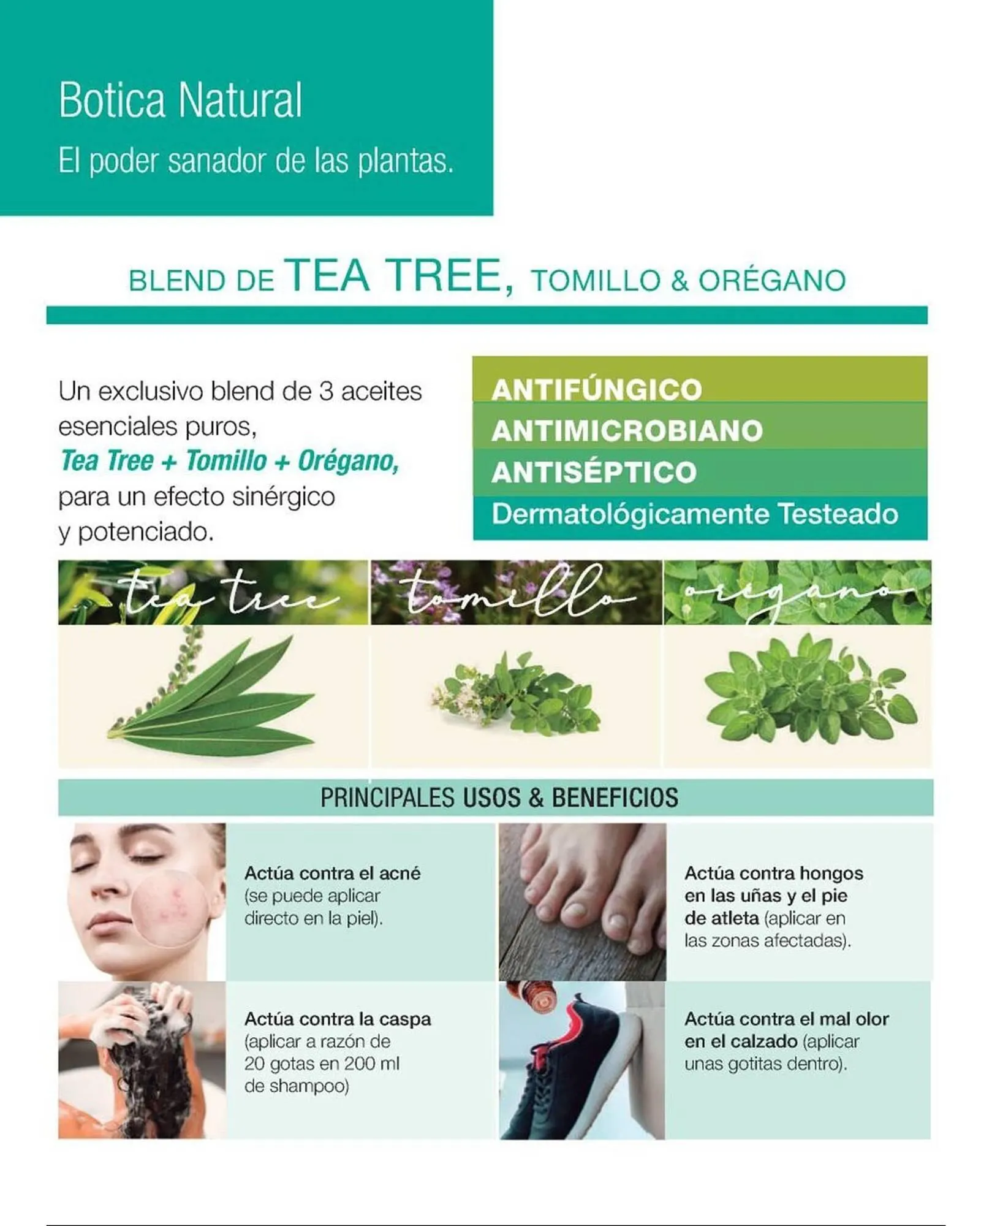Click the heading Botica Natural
coord(180,100)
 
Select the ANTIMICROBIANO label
coord(627,431)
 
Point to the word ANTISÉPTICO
coord(594,473)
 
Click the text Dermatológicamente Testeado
coord(694,514)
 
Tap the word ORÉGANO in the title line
coord(772,281)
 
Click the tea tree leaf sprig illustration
coord(211,696)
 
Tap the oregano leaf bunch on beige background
coord(809,690)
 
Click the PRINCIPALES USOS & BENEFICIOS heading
coord(499,798)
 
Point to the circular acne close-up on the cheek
coord(169,910)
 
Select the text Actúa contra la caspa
coord(338,1019)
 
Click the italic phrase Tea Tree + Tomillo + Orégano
coord(230,462)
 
